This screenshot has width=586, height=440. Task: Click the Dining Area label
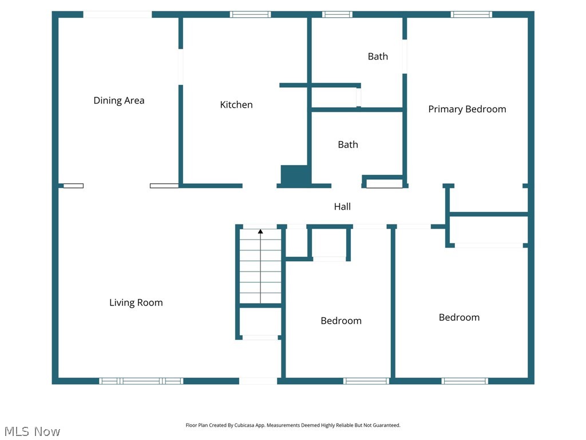pyautogui.click(x=119, y=100)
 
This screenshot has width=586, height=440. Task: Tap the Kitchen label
pyautogui.click(x=236, y=104)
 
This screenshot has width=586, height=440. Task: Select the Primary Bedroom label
pyautogui.click(x=467, y=109)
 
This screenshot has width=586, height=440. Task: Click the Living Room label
pyautogui.click(x=136, y=302)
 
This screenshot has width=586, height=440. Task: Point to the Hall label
pyautogui.click(x=342, y=206)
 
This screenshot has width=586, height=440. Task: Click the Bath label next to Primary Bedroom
pyautogui.click(x=378, y=56)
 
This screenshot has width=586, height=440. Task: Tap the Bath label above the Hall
pyautogui.click(x=348, y=144)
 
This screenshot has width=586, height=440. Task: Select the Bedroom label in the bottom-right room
pyautogui.click(x=460, y=317)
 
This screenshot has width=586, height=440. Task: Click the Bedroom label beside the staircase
pyautogui.click(x=341, y=321)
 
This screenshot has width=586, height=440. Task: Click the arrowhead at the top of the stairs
pyautogui.click(x=260, y=231)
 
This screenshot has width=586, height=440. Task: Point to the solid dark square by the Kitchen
pyautogui.click(x=296, y=175)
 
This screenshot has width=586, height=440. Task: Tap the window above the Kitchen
pyautogui.click(x=251, y=14)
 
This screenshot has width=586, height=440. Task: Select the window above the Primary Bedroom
pyautogui.click(x=472, y=14)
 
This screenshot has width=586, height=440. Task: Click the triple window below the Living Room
pyautogui.click(x=141, y=381)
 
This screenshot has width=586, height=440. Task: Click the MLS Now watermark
pyautogui.click(x=33, y=431)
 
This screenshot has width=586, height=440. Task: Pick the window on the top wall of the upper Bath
pyautogui.click(x=337, y=14)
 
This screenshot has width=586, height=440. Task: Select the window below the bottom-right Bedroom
pyautogui.click(x=465, y=381)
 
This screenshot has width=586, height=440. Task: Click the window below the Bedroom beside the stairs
pyautogui.click(x=366, y=381)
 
